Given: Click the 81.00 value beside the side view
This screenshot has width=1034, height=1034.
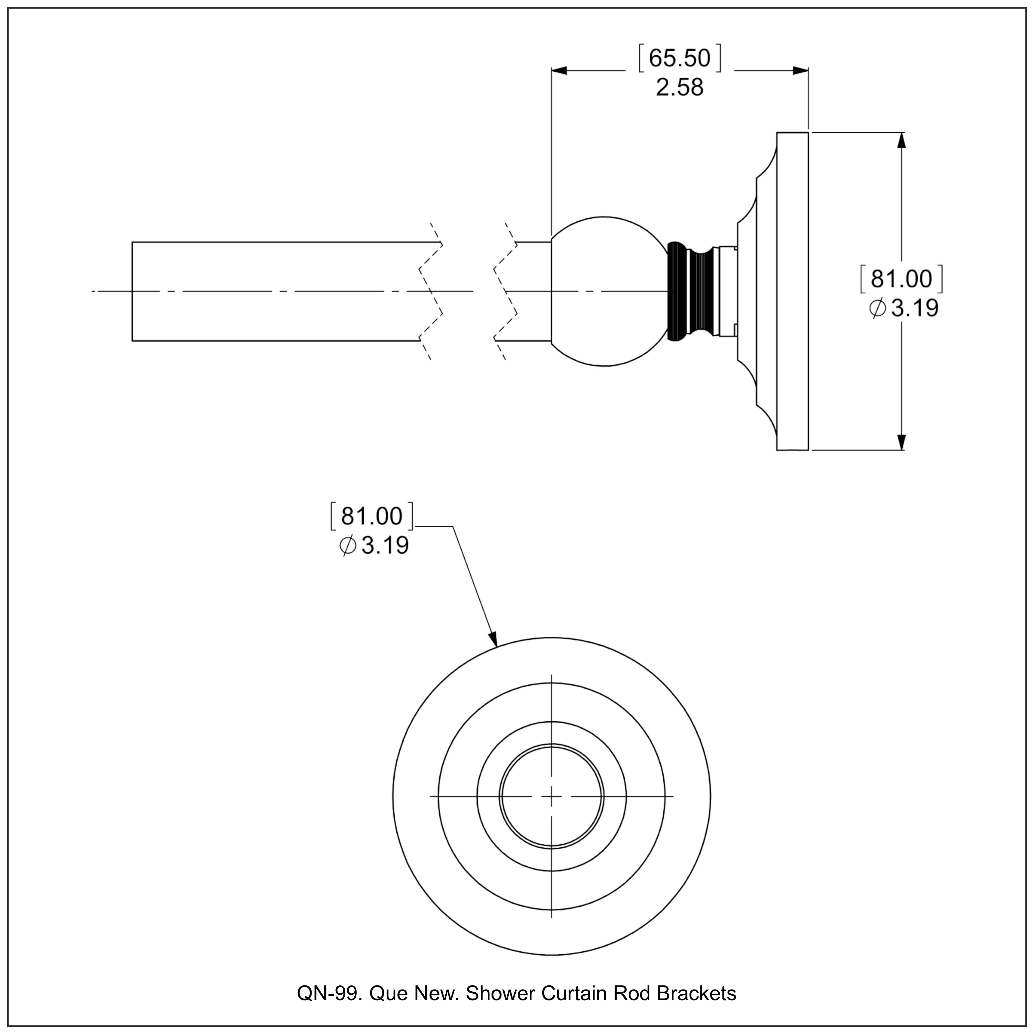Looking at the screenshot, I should point(901,279).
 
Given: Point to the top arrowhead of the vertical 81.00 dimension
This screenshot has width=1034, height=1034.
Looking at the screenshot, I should point(901,140).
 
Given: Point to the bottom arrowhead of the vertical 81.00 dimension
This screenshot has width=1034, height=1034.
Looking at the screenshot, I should point(901,442).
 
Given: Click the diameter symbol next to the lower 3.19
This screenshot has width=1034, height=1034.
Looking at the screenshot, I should point(347,546).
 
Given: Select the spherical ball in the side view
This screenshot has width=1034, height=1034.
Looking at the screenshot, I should point(605,291).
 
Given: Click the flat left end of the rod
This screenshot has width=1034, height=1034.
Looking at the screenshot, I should point(132,291).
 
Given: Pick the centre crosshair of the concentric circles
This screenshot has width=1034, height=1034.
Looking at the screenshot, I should point(551,797).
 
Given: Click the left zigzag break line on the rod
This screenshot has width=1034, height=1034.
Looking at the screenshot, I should point(431,291).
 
